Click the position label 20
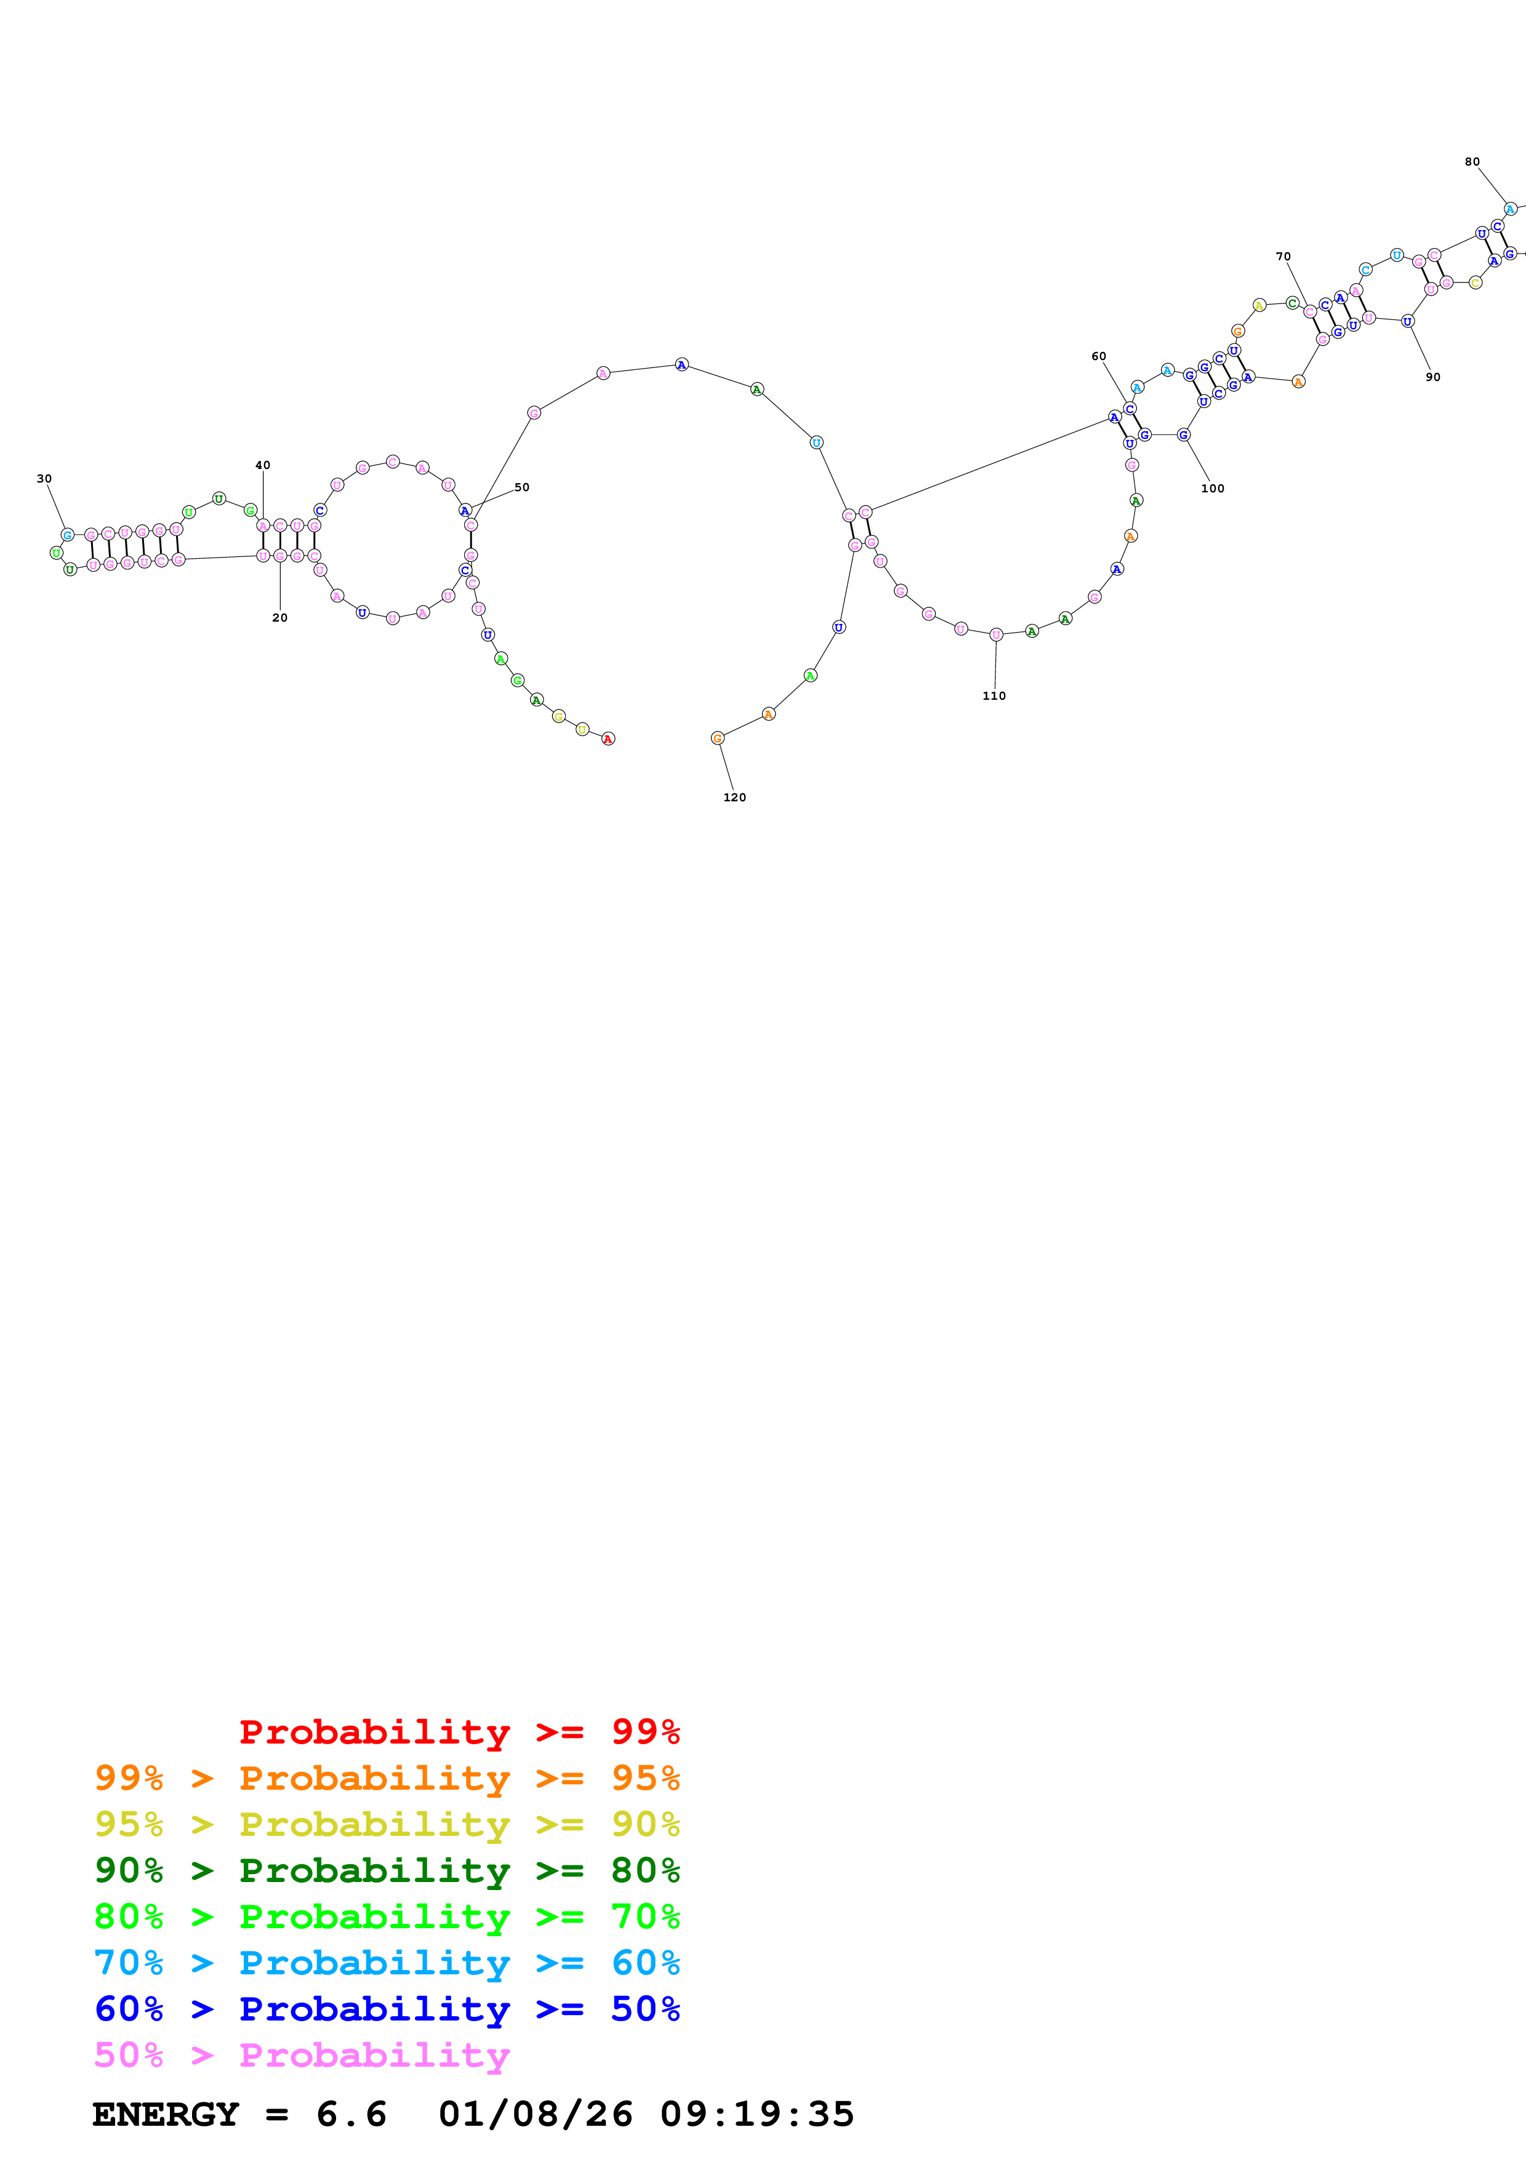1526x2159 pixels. pyautogui.click(x=279, y=618)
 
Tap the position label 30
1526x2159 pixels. pyautogui.click(x=44, y=479)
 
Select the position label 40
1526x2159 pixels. pyautogui.click(x=262, y=465)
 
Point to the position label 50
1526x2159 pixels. pyautogui.click(x=522, y=487)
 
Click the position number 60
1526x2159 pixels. pyautogui.click(x=1098, y=356)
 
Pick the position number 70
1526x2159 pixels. pyautogui.click(x=1282, y=257)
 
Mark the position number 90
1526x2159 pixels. pyautogui.click(x=1432, y=377)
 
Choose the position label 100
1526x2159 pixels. pyautogui.click(x=1212, y=488)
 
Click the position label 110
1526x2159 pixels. pyautogui.click(x=994, y=696)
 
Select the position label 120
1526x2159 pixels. pyautogui.click(x=734, y=798)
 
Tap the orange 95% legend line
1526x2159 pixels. pyautogui.click(x=387, y=1778)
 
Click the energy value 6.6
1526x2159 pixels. pyautogui.click(x=351, y=2114)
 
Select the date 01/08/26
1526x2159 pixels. pyautogui.click(x=535, y=2114)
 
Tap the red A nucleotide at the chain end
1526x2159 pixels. pyautogui.click(x=608, y=739)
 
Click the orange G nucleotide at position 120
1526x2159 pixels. pyautogui.click(x=717, y=738)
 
